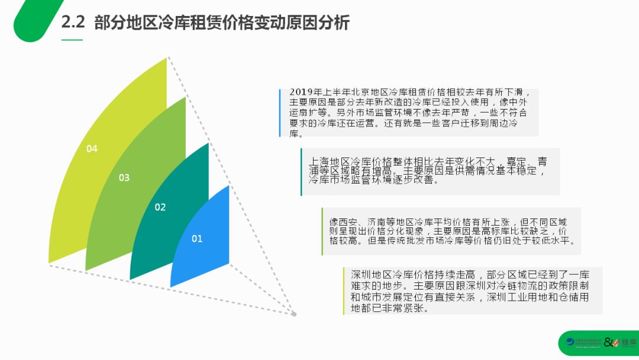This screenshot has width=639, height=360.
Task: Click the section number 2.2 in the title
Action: point(74,23)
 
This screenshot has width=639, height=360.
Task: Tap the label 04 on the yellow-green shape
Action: point(92,149)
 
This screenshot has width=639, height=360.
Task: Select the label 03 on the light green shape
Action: point(124,178)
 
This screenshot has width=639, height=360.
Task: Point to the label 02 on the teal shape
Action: point(160,207)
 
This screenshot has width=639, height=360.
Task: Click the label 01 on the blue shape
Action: point(197,239)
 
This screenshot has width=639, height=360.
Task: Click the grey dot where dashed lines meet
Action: point(294,314)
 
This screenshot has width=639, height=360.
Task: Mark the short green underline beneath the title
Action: point(72,40)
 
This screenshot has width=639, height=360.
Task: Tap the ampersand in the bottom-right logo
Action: point(608,343)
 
